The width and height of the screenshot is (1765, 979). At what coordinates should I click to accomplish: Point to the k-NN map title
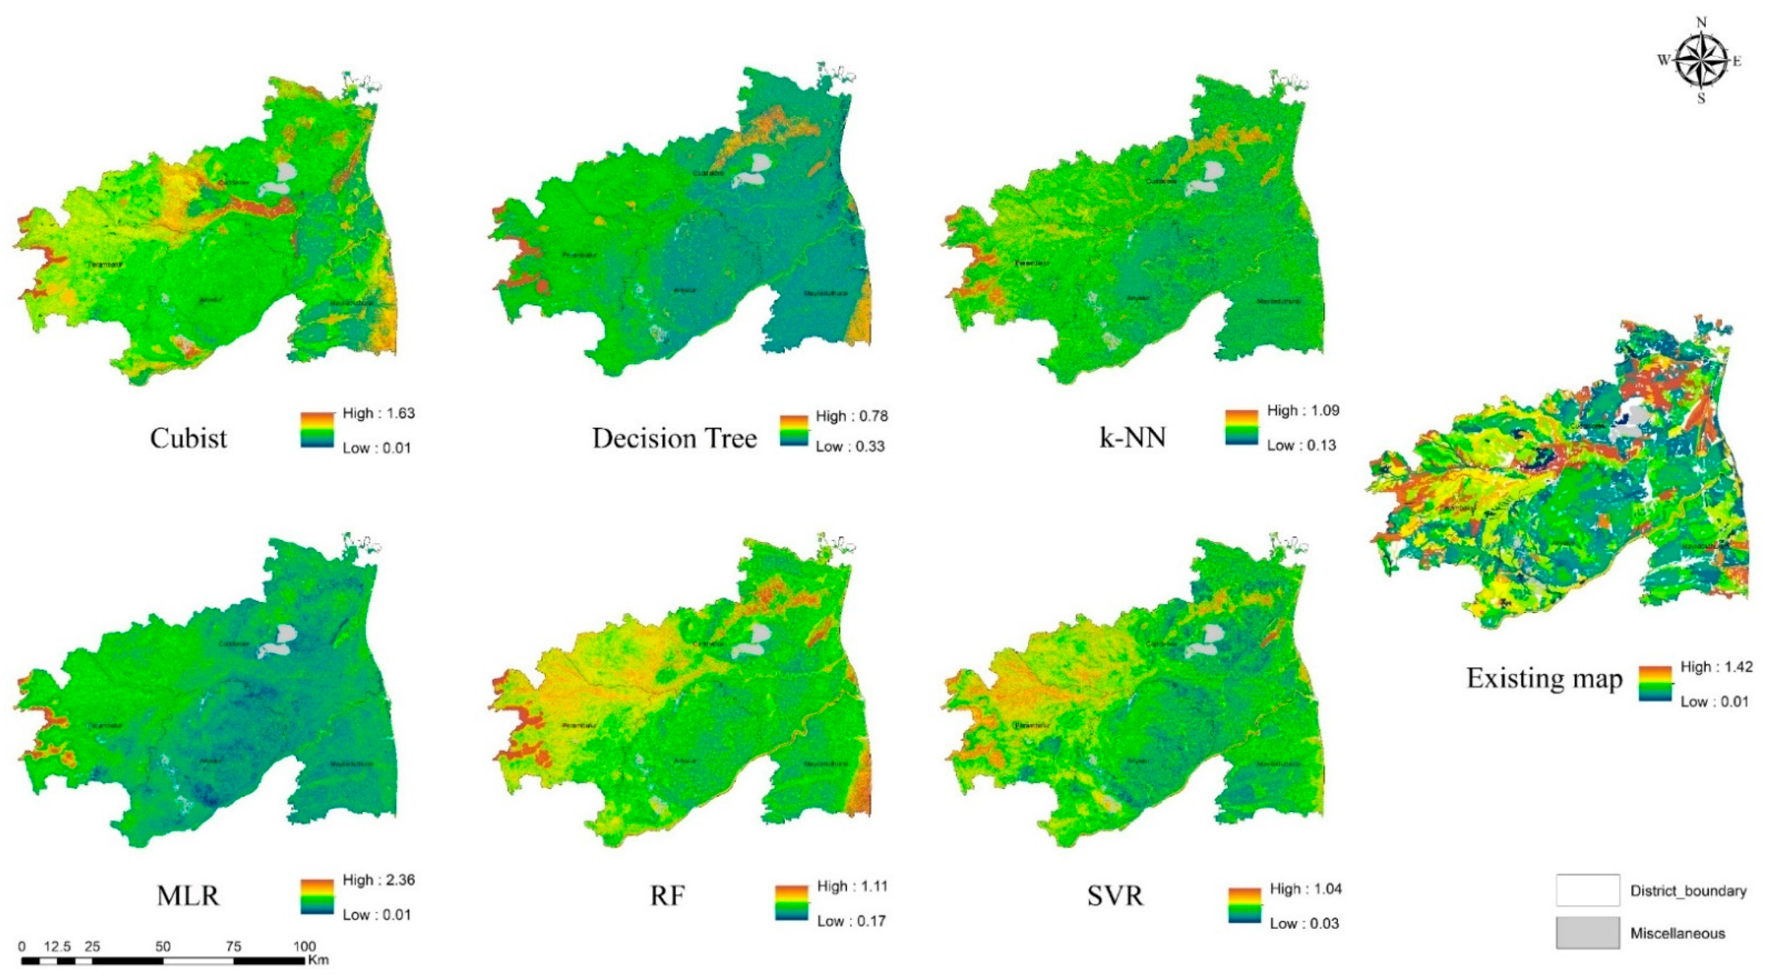(1132, 437)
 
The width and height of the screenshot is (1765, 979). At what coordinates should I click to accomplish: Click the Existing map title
(1544, 678)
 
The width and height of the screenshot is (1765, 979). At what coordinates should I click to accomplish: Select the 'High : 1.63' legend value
(378, 413)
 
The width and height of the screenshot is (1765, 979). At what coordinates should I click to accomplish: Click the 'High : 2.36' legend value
(378, 880)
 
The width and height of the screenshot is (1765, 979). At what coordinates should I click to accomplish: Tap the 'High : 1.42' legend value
(1716, 667)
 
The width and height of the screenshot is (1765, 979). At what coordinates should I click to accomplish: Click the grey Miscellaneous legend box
(1587, 933)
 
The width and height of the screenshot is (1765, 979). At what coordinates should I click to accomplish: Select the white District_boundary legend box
(1587, 890)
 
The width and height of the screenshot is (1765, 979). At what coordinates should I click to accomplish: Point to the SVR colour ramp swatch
(1244, 906)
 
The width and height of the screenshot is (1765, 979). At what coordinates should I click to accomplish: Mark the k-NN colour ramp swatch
(1242, 427)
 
